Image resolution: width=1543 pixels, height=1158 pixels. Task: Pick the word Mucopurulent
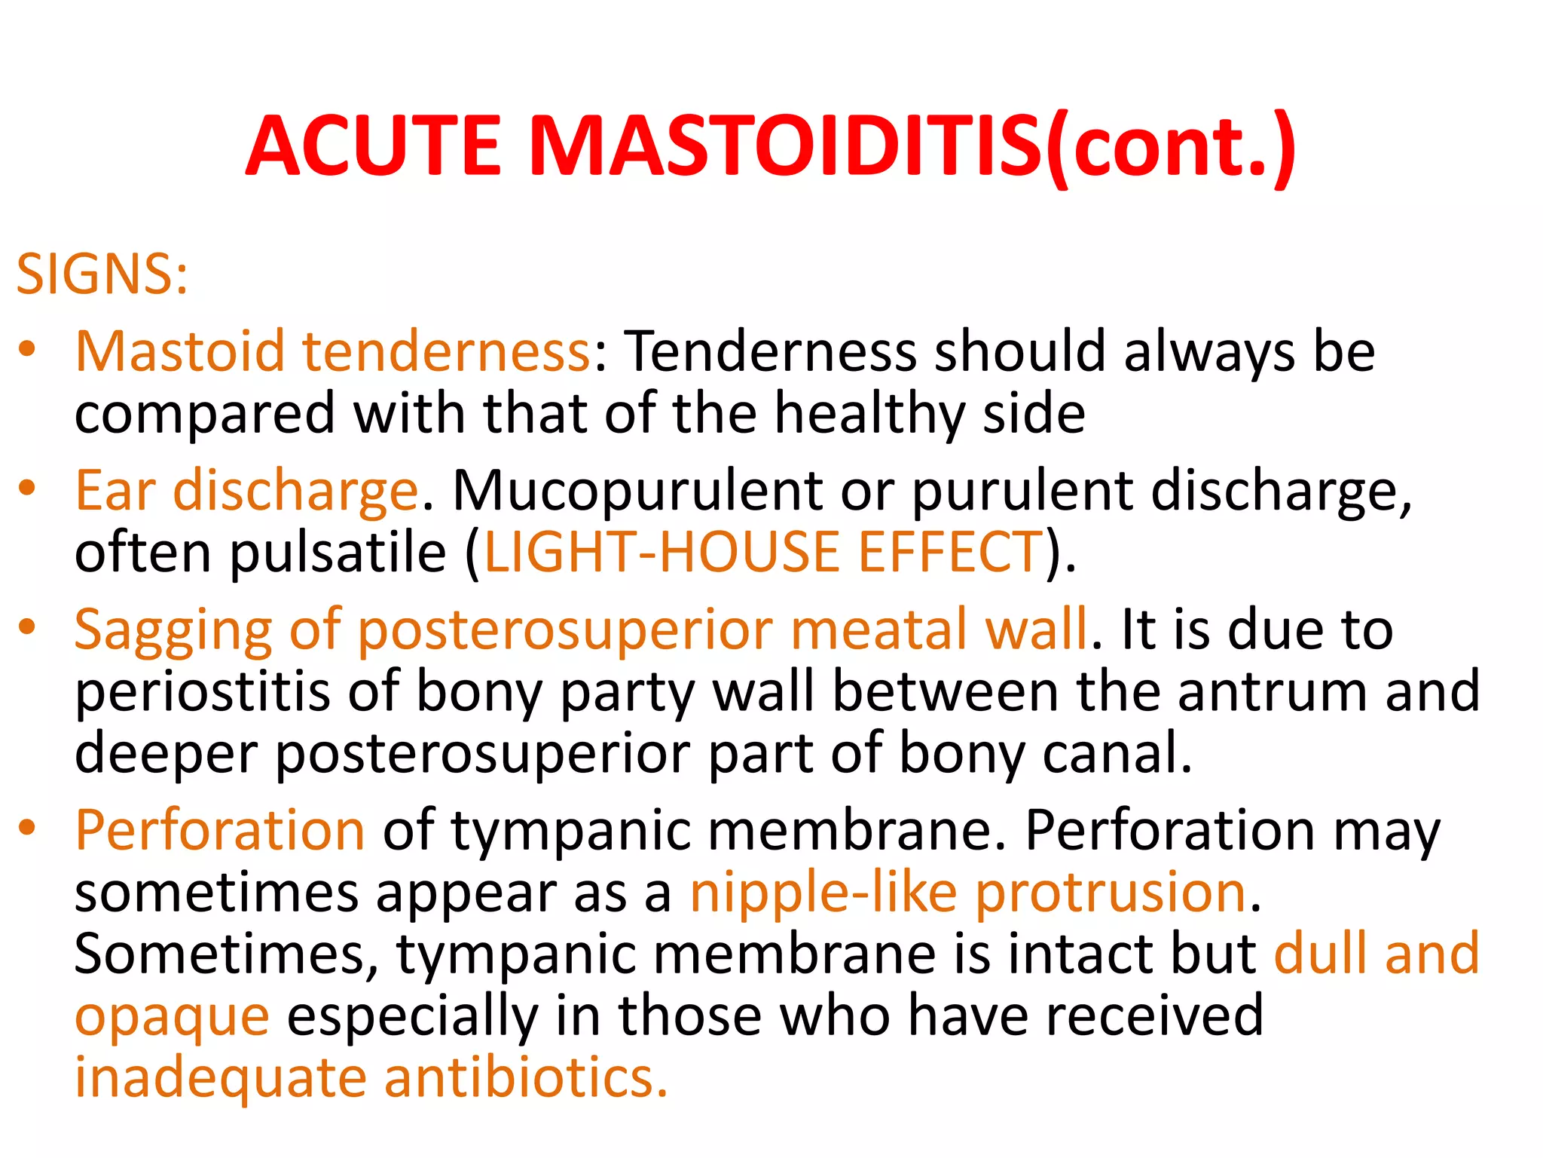[636, 491]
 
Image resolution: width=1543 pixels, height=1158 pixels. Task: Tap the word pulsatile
[338, 553]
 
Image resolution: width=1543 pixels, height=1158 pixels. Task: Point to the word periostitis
[202, 692]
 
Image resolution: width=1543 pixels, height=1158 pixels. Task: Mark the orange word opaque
[172, 1018]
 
